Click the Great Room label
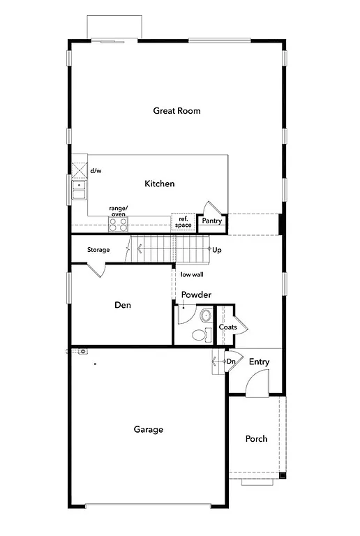click(177, 110)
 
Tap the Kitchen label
click(159, 184)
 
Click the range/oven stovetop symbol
click(118, 223)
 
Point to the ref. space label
click(183, 222)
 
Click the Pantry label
click(211, 221)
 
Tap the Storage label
click(98, 249)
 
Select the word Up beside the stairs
click(217, 249)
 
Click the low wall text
click(192, 274)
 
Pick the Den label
click(123, 305)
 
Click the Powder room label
click(196, 295)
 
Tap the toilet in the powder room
click(200, 334)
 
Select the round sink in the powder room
click(205, 316)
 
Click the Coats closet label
click(227, 327)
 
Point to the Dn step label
click(231, 361)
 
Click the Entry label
click(259, 362)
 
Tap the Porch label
click(256, 438)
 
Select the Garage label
click(148, 429)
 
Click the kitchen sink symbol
click(78, 188)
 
